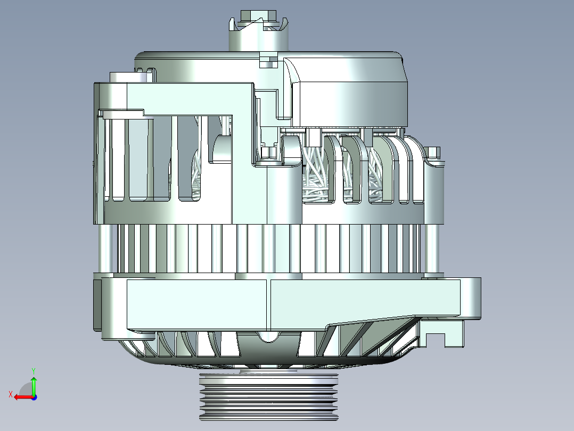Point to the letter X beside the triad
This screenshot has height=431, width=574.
(x=10, y=394)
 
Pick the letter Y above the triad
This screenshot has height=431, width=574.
(x=34, y=370)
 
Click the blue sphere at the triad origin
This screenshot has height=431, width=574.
(x=34, y=397)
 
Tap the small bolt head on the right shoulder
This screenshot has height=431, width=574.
(x=434, y=153)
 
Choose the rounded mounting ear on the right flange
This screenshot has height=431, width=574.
(x=471, y=299)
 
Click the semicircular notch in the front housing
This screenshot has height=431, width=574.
(x=269, y=336)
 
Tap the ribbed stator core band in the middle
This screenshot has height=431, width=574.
(x=266, y=248)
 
